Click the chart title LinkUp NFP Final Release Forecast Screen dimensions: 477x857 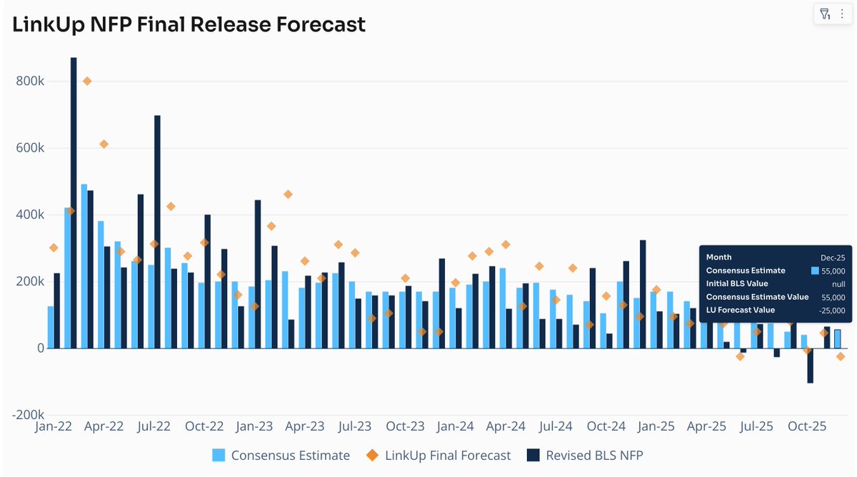tap(189, 24)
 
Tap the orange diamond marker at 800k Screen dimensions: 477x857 tap(87, 81)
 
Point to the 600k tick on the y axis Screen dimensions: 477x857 tap(31, 148)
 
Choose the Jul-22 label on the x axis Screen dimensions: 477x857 tap(154, 427)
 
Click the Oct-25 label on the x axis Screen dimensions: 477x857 tap(807, 427)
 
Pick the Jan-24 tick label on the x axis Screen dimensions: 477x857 tap(456, 427)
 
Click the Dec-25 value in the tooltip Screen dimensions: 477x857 tap(833, 257)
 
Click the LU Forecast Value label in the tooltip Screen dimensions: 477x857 tap(741, 310)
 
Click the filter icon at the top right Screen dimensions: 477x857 tap(825, 14)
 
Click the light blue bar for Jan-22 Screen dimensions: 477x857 tap(51, 327)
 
